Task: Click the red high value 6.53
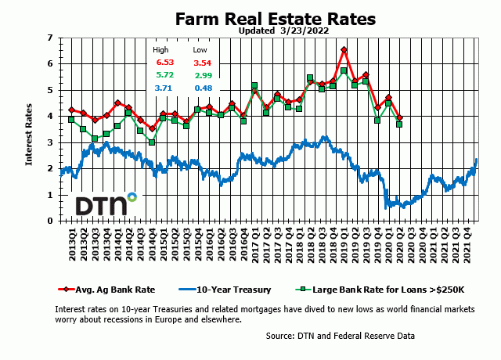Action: click(x=165, y=63)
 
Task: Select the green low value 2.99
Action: click(x=204, y=75)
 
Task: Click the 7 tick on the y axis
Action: click(x=50, y=38)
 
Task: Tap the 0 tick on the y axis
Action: click(x=50, y=221)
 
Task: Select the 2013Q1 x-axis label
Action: click(x=71, y=243)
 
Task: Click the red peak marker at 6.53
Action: click(x=344, y=50)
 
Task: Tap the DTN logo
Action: click(x=106, y=205)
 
